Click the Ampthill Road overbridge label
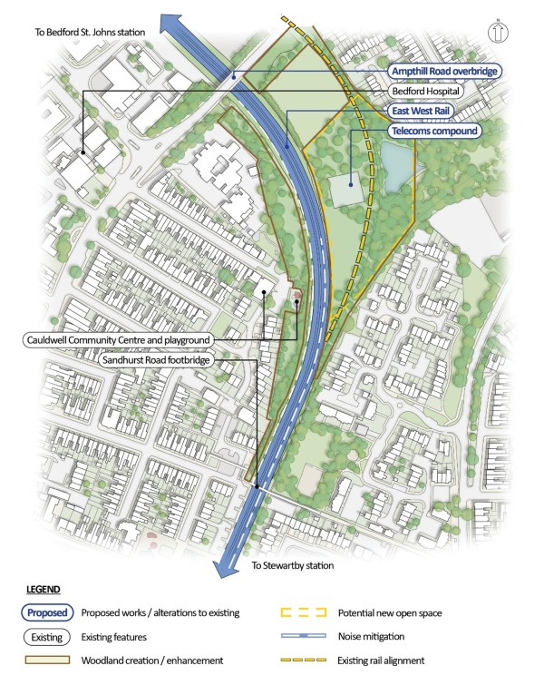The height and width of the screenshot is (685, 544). click(444, 71)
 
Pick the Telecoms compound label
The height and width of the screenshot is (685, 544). click(433, 132)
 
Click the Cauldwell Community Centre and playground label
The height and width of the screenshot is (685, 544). click(117, 339)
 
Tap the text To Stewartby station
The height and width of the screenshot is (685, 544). click(292, 566)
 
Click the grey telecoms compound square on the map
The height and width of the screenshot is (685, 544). click(348, 191)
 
